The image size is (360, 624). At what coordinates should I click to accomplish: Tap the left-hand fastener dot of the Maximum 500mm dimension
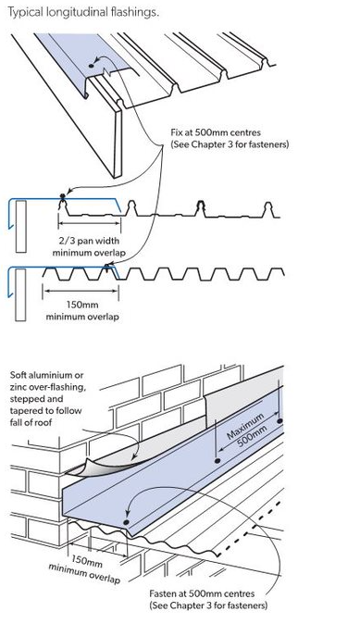(x=216, y=458)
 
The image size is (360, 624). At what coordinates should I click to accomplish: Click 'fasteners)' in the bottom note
(x=246, y=606)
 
